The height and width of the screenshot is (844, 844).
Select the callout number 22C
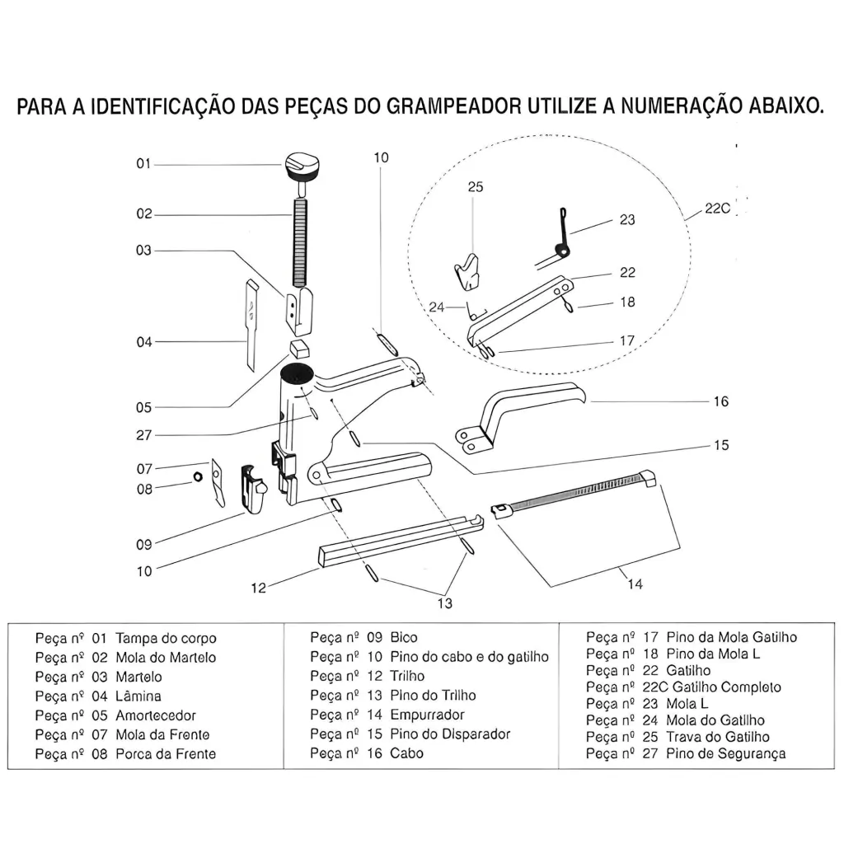click(x=718, y=209)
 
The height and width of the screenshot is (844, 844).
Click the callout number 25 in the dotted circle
click(x=476, y=187)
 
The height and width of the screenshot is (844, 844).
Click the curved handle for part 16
click(x=527, y=404)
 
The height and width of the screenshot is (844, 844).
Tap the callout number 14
click(x=635, y=584)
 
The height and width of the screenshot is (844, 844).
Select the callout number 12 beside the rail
click(x=259, y=588)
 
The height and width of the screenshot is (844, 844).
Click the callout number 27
click(x=144, y=435)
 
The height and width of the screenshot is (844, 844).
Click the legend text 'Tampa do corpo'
click(x=166, y=638)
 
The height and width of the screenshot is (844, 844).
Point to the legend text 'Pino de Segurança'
click(x=726, y=753)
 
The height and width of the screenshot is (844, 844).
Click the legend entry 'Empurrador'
click(x=427, y=715)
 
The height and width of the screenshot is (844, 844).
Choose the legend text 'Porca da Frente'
click(x=166, y=754)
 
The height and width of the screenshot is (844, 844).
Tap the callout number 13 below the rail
click(x=445, y=603)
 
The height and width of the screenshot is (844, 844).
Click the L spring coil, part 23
click(x=562, y=247)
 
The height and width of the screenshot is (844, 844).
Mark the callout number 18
click(x=627, y=302)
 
